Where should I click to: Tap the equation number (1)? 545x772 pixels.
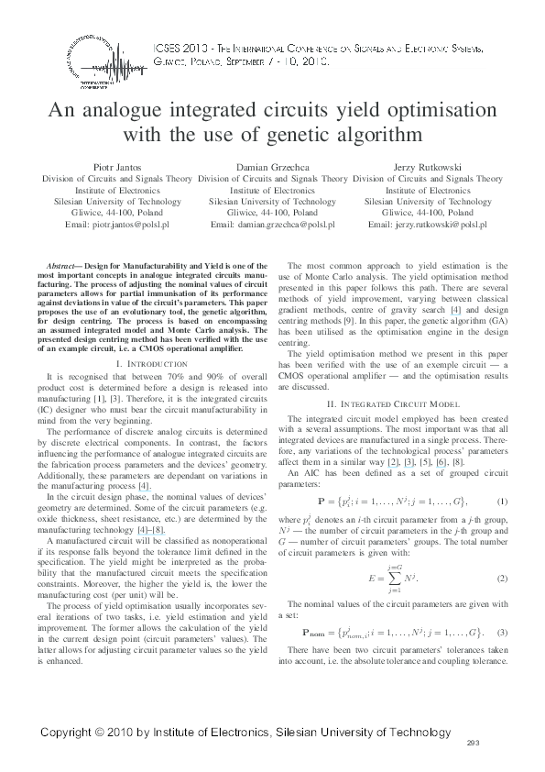[502, 502]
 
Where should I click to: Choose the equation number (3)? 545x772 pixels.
[502, 634]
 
